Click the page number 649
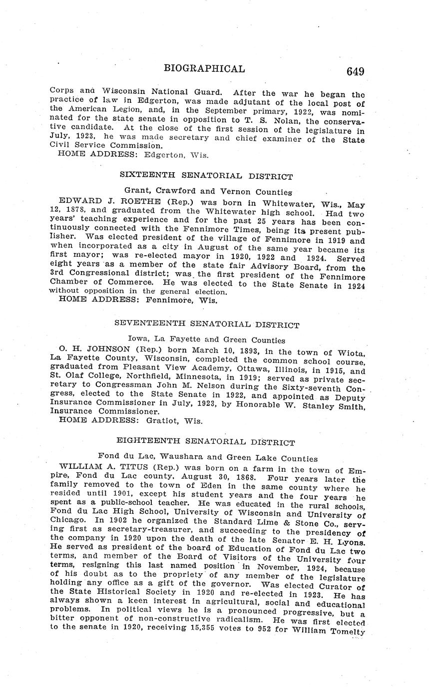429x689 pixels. click(355, 71)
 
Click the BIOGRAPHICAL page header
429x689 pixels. click(204, 69)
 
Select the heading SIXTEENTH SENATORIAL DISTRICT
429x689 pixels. click(206, 176)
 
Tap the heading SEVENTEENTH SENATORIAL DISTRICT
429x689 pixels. click(207, 325)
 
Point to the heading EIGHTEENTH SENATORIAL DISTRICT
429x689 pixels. click(205, 442)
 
